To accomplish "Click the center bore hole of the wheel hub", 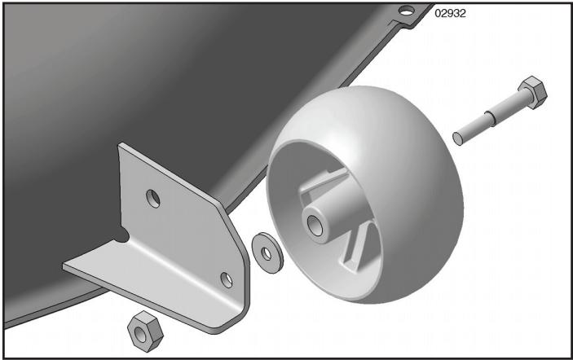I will coord(314,222).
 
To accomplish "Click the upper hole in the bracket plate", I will coord(153,197).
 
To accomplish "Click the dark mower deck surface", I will coord(122,81).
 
